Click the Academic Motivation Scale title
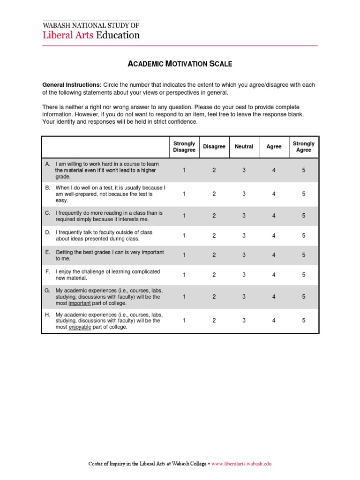[180, 64]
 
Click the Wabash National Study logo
[91, 30]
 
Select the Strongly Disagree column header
[184, 147]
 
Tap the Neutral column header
[244, 147]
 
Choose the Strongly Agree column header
[303, 147]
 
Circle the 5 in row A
[304, 170]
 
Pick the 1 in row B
[184, 194]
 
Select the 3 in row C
[244, 216]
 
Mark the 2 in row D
[214, 236]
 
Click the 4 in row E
[274, 255]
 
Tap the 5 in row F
[304, 275]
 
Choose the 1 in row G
[184, 297]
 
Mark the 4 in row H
[274, 320]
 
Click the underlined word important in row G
[80, 303]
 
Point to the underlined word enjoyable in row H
[80, 327]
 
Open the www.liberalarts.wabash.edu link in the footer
[241, 464]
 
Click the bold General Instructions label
[72, 85]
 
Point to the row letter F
[47, 271]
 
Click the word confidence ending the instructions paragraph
[184, 121]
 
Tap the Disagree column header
[214, 147]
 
